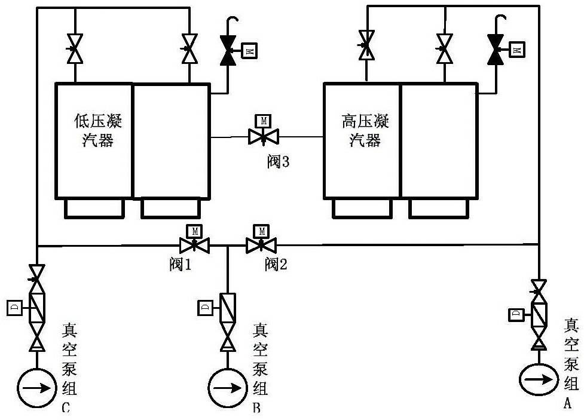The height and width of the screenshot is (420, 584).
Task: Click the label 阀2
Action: coord(276,265)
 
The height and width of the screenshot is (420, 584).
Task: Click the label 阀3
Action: coord(278,162)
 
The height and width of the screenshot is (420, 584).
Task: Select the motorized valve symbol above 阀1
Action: coord(194,244)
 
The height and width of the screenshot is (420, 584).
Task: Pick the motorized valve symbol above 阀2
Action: coord(261,244)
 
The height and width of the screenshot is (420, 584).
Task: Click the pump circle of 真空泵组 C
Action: coord(37,388)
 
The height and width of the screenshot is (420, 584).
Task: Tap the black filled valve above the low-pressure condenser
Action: coord(228,50)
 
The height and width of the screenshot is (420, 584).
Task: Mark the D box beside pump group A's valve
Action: coord(516,314)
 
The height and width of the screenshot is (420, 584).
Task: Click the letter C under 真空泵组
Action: coord(66,409)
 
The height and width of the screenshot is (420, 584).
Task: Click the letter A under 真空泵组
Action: coord(568,403)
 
